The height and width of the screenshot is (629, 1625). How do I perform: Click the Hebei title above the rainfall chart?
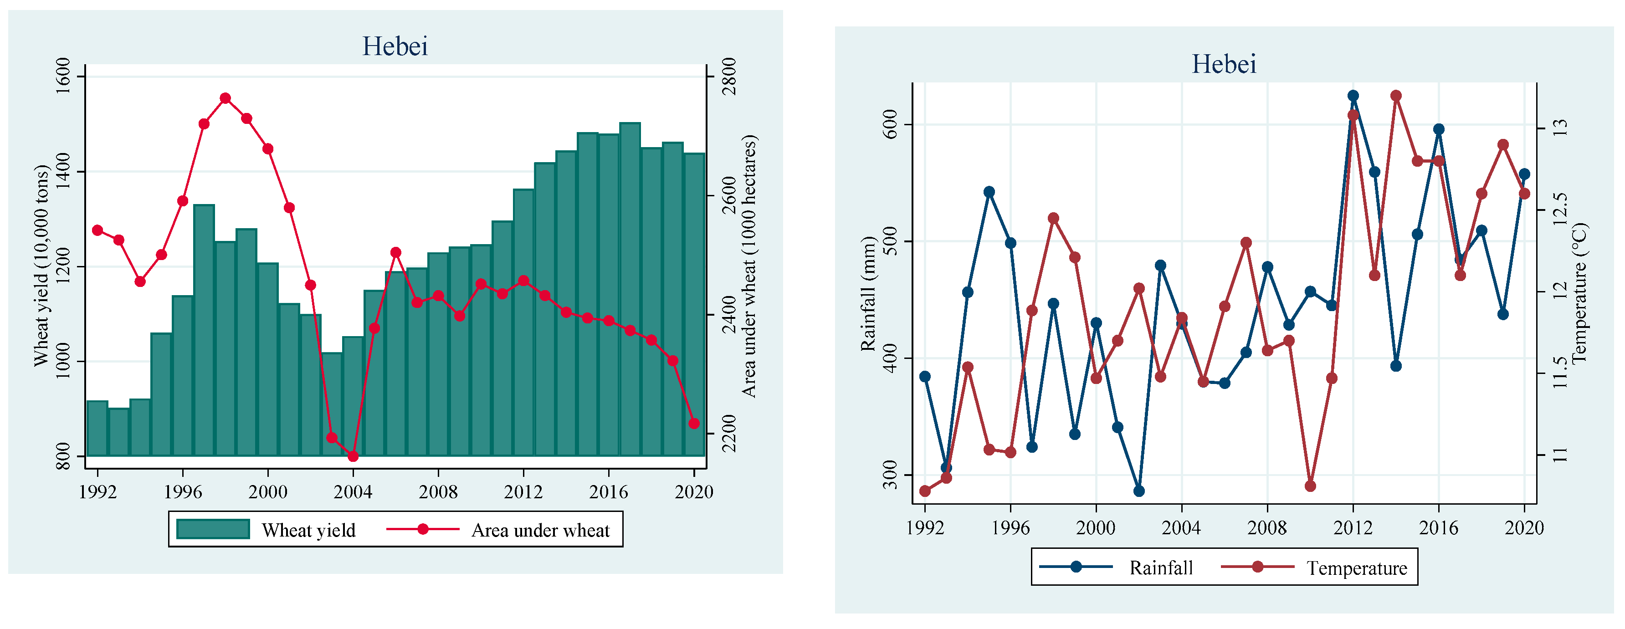1224,64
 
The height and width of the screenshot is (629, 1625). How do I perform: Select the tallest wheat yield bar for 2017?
630,289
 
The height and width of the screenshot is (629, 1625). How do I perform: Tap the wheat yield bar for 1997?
204,330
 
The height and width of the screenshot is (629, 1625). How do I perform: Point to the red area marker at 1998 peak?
225,98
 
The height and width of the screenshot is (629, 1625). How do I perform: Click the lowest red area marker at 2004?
353,456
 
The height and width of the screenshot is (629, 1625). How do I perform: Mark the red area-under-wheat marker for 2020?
694,423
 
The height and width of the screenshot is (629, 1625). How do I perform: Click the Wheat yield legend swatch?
213,529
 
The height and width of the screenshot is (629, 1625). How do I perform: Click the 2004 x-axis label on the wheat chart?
353,492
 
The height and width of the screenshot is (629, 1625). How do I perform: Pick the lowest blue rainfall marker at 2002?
1138,491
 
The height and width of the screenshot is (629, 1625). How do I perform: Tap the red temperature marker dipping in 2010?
1310,486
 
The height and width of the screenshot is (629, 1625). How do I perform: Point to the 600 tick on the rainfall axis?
889,124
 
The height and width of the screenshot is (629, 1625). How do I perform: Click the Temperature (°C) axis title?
1579,293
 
